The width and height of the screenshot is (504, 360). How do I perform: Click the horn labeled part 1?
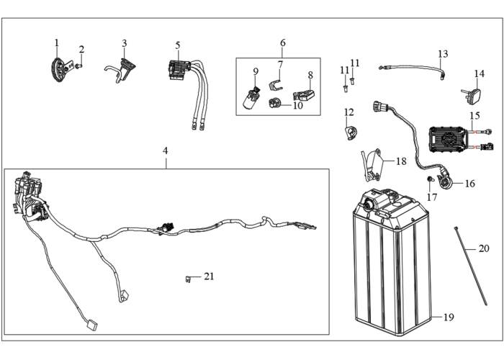point(58,69)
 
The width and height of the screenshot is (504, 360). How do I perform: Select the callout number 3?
point(125,43)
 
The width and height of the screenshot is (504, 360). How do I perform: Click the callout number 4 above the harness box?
point(165,150)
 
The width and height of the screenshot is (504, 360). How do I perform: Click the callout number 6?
point(283,42)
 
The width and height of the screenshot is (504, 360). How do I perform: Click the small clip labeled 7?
point(275,85)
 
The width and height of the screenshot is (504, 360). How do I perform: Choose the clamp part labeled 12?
point(351,132)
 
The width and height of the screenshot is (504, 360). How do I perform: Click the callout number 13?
point(443,54)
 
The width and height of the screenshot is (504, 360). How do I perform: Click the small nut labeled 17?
point(429,179)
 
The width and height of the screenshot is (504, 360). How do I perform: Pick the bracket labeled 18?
point(372,165)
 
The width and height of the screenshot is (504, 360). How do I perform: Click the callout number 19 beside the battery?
point(449,318)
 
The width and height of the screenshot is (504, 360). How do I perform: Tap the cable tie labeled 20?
point(471,266)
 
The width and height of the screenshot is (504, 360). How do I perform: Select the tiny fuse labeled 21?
point(189,279)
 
